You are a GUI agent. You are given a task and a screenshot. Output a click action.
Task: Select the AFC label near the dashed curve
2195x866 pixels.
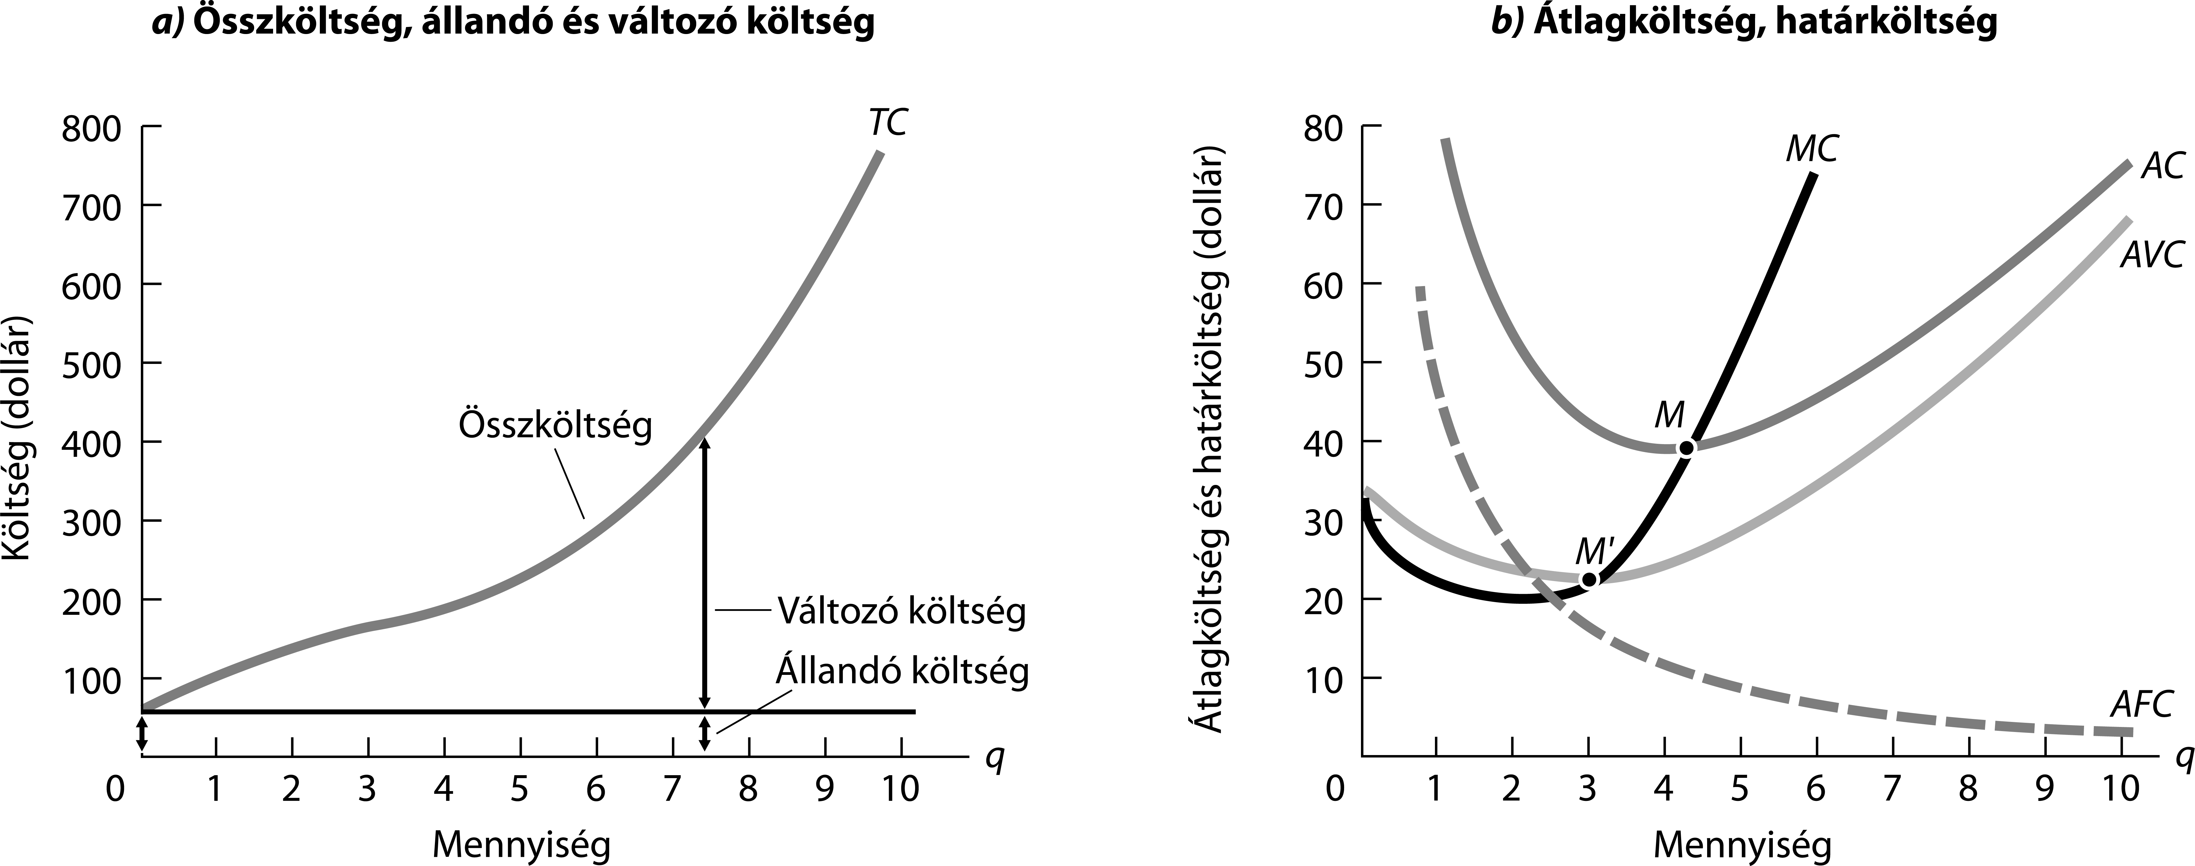pos(2141,705)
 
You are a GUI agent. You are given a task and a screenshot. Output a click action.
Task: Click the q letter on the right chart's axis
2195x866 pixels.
pos(2184,758)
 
